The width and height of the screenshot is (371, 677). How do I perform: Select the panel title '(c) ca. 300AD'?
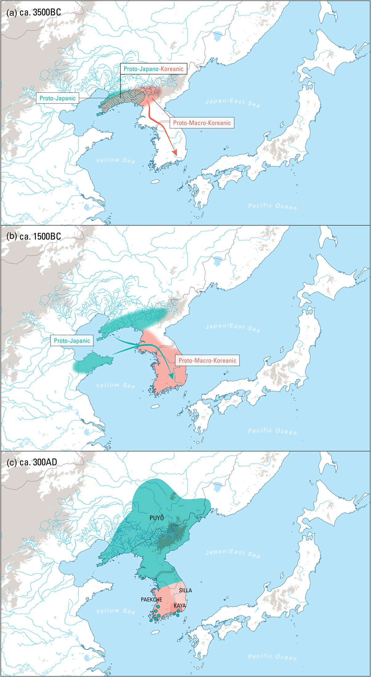pos(32,462)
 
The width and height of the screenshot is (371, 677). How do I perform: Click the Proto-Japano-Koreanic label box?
pos(153,69)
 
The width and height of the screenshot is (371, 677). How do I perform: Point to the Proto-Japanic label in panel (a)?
pos(58,98)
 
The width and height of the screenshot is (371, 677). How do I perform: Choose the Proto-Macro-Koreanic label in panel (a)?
pos(202,123)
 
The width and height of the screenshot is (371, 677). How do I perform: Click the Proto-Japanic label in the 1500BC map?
pos(72,341)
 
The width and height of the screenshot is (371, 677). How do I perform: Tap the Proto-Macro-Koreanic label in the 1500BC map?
pos(207,360)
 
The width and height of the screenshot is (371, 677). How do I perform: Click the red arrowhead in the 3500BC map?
pos(175,152)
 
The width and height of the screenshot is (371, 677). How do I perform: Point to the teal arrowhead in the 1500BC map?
pos(171,376)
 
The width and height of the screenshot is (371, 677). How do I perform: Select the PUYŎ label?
pos(156,518)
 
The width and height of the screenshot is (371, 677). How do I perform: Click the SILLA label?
pos(185,590)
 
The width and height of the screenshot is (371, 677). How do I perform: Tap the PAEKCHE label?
pos(151,599)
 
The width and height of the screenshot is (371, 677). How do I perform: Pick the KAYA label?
pos(180,605)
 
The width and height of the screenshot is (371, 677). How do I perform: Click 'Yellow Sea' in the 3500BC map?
pos(115,160)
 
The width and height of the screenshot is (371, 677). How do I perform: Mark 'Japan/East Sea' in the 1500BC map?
pos(233,328)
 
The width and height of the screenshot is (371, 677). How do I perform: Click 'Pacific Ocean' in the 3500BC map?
pos(272,206)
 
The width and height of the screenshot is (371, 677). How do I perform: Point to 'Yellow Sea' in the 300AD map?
pos(115,611)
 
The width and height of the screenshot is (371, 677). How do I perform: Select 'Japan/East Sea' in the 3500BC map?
pos(233,103)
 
